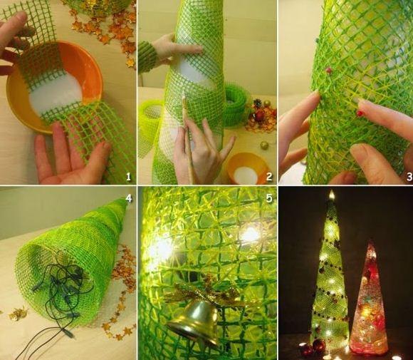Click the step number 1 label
tap(128, 177)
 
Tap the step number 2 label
tap(269, 177)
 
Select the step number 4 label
tap(129, 198)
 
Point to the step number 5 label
tap(268, 198)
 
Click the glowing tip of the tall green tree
tap(331, 195)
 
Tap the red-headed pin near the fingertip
tap(360, 113)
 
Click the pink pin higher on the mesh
tap(328, 70)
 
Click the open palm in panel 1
tap(68, 155)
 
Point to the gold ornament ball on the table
tap(264, 145)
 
